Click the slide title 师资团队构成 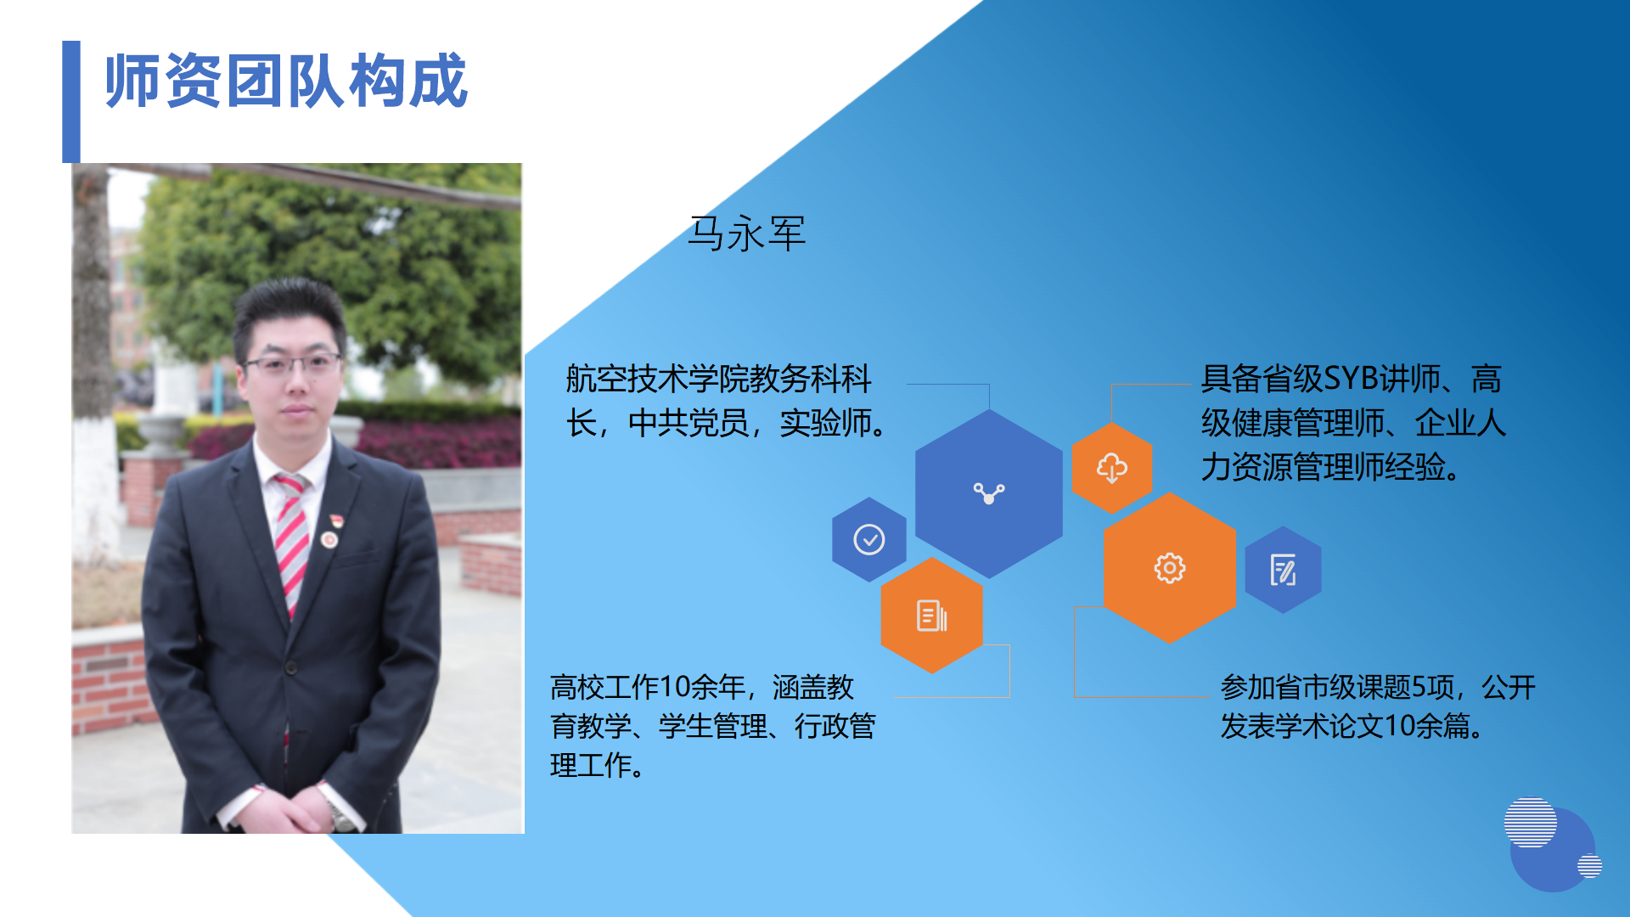click(x=286, y=81)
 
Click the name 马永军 click(x=746, y=233)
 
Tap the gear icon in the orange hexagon click(x=1169, y=568)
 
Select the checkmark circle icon click(x=868, y=539)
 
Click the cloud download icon click(x=1112, y=468)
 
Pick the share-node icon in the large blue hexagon click(x=989, y=493)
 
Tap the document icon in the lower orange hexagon click(x=932, y=616)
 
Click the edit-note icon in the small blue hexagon click(x=1283, y=569)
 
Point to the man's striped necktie click(x=291, y=543)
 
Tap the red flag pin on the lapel click(x=335, y=520)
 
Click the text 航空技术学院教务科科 click(x=718, y=379)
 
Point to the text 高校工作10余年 click(x=648, y=686)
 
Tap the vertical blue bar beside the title click(x=71, y=101)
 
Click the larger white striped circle click(x=1530, y=822)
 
